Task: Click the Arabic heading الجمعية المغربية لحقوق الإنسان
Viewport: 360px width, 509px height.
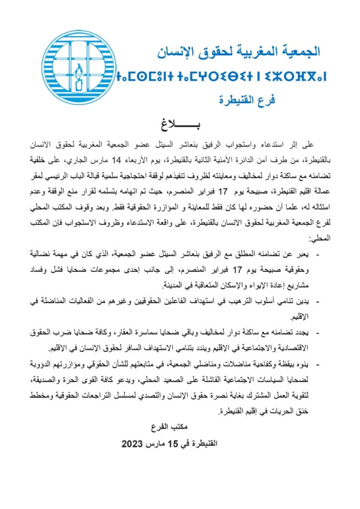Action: [x=239, y=51]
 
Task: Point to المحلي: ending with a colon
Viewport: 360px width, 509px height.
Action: [x=320, y=238]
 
